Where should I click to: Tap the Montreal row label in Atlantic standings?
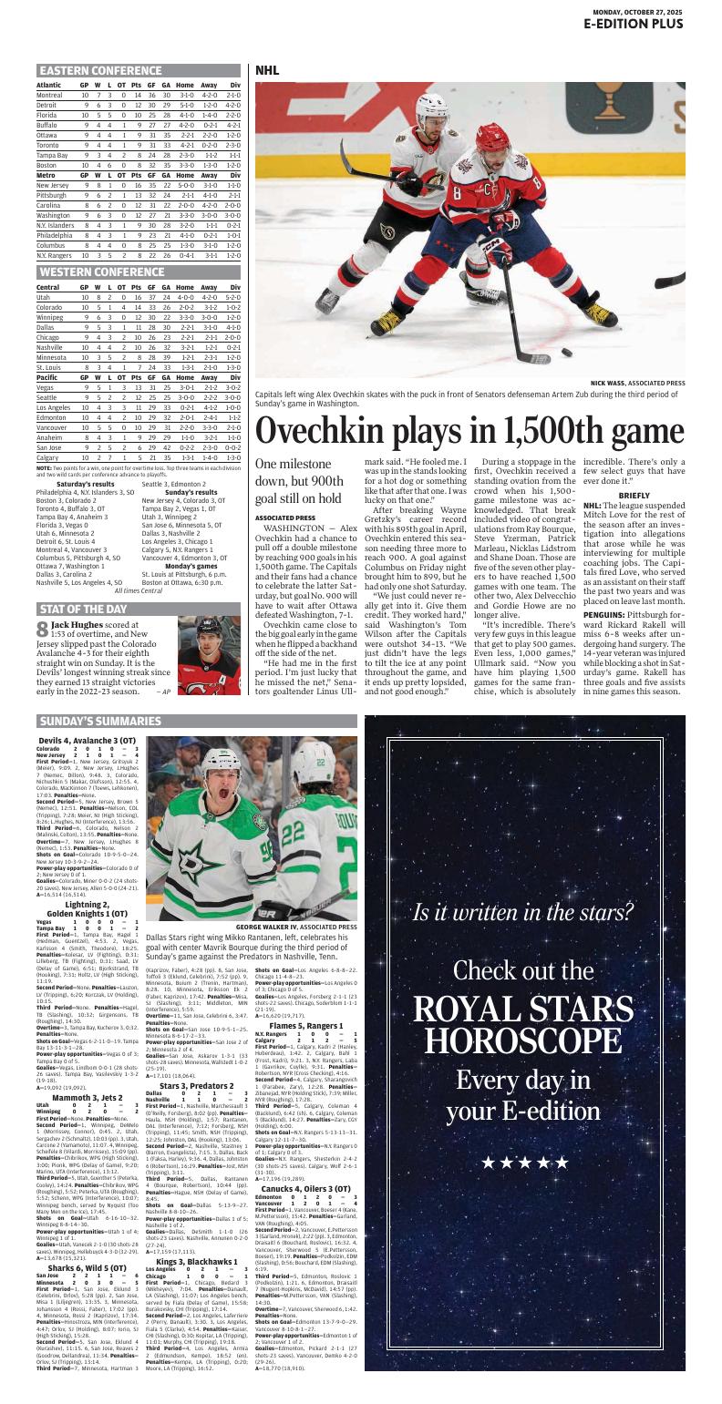coord(50,95)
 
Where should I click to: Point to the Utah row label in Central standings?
coord(44,297)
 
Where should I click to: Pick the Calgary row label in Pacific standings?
coord(49,456)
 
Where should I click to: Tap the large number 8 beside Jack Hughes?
coord(42,629)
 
